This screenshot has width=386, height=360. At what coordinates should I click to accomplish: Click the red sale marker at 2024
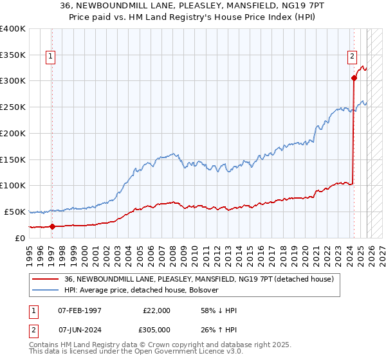coord(354,78)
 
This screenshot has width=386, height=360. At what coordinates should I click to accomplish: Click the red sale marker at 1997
coord(52,226)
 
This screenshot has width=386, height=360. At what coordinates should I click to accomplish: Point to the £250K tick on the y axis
coord(12,107)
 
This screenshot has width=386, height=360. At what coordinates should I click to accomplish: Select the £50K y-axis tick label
coord(14,212)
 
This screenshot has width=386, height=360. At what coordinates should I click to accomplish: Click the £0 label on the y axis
coord(20,238)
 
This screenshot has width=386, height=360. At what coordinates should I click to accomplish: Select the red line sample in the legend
coord(46,280)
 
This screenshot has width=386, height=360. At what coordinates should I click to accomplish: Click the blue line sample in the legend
coord(46,291)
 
